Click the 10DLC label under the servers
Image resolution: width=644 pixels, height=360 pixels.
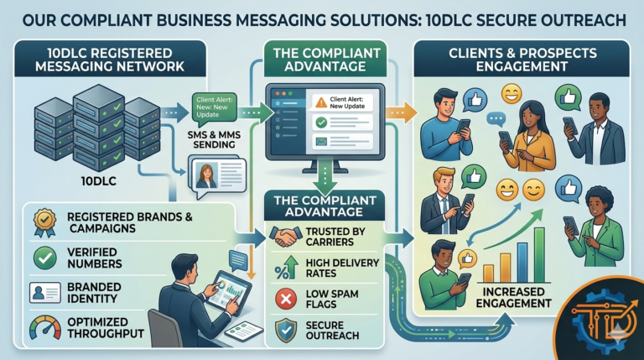click(x=87, y=180)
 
